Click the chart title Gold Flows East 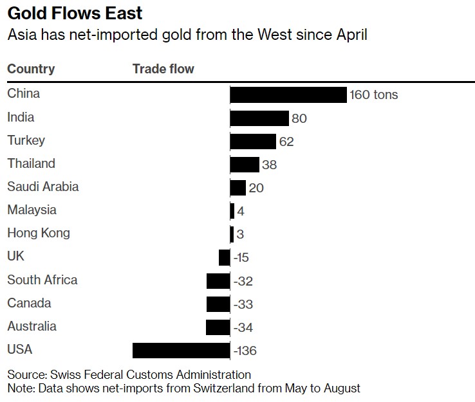(75, 14)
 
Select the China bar (288, 95)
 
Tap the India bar (259, 118)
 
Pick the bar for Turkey (253, 142)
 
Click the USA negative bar (181, 351)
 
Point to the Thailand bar (245, 165)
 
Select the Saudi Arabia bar (237, 188)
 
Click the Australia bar (218, 327)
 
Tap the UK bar (224, 257)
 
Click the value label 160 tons (374, 95)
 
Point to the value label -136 (245, 351)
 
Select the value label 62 (286, 142)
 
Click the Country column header (31, 69)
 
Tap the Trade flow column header (163, 69)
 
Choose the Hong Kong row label (39, 233)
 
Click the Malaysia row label (32, 210)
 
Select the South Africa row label (42, 280)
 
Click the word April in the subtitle (349, 35)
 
